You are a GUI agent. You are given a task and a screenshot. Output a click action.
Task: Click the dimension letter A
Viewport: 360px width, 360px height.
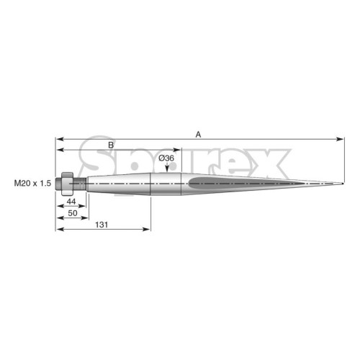point(198,135)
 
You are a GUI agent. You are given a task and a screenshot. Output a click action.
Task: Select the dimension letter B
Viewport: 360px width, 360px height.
point(111,145)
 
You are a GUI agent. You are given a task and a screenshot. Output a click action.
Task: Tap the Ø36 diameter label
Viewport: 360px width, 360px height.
point(166,158)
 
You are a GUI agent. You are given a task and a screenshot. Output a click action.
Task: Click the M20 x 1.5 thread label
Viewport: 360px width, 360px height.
point(32,184)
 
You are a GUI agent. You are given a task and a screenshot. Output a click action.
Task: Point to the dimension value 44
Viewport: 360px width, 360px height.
point(71,202)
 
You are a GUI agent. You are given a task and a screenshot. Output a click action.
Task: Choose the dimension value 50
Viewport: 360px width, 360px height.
point(73,213)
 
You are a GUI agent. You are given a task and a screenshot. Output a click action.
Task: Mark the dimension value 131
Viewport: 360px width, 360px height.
point(102,225)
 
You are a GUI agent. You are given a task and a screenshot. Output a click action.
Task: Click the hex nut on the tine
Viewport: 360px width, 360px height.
point(67,184)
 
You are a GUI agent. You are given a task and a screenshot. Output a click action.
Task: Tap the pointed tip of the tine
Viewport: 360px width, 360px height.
point(343,184)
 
